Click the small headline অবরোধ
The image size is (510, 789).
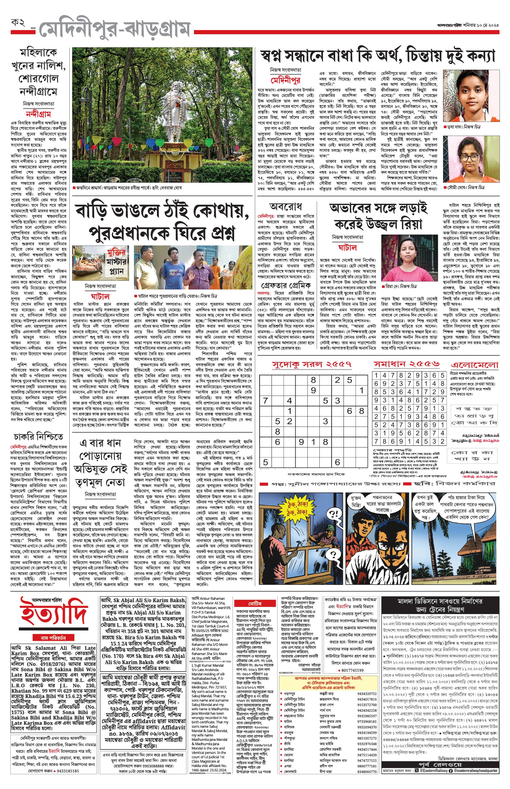286,207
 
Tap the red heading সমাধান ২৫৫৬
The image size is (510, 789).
406,364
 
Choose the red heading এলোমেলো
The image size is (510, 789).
475,365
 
